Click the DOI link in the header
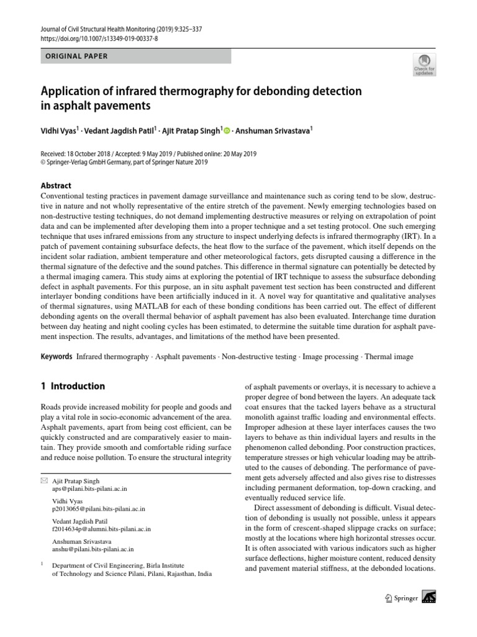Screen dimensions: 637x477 99,38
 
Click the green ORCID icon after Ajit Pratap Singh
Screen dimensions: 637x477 227,131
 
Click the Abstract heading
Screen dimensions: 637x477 56,185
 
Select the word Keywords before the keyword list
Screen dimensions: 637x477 57,357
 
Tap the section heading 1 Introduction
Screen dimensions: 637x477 73,386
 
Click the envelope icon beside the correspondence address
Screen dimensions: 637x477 43,481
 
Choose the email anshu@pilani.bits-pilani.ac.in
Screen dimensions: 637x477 93,549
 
